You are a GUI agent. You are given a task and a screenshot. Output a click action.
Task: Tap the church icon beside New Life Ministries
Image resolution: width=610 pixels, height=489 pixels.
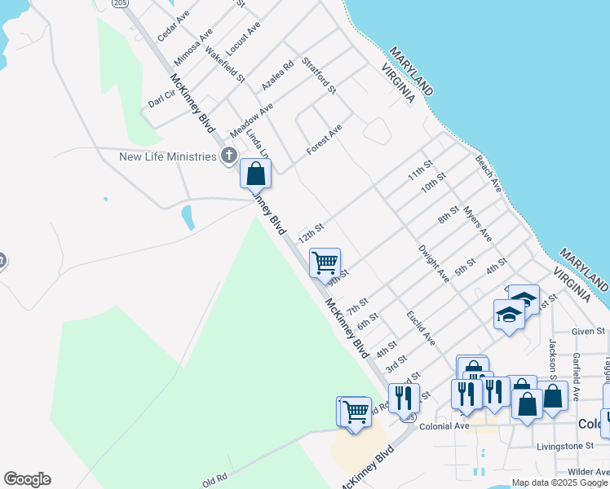tap(229, 155)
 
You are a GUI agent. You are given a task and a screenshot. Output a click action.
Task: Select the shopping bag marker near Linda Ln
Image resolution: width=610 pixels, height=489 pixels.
tap(255, 174)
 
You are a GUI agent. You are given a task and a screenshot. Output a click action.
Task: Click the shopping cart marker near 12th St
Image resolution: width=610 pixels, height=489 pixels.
tap(325, 262)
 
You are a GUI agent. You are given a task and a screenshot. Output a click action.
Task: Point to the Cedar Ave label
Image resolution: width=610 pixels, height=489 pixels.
tap(173, 26)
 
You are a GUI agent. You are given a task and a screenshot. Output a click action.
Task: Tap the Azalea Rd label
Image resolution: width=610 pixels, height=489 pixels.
tap(277, 75)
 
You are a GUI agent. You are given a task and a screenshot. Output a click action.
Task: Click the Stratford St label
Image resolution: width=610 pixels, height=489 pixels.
tap(319, 75)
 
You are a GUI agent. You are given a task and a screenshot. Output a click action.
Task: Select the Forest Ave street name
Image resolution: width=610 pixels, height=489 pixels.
tap(324, 139)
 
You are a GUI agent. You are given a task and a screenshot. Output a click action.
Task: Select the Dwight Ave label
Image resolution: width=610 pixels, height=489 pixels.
tap(434, 263)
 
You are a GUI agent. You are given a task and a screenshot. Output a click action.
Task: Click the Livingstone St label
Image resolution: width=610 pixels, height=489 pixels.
tap(566, 446)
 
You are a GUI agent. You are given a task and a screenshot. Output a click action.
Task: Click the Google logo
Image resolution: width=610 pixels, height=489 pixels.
tap(27, 479)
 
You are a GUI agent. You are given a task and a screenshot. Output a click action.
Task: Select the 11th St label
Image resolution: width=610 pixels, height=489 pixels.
tap(420, 174)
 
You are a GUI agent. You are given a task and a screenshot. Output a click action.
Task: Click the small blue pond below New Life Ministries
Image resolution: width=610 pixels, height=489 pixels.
tap(188, 218)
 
